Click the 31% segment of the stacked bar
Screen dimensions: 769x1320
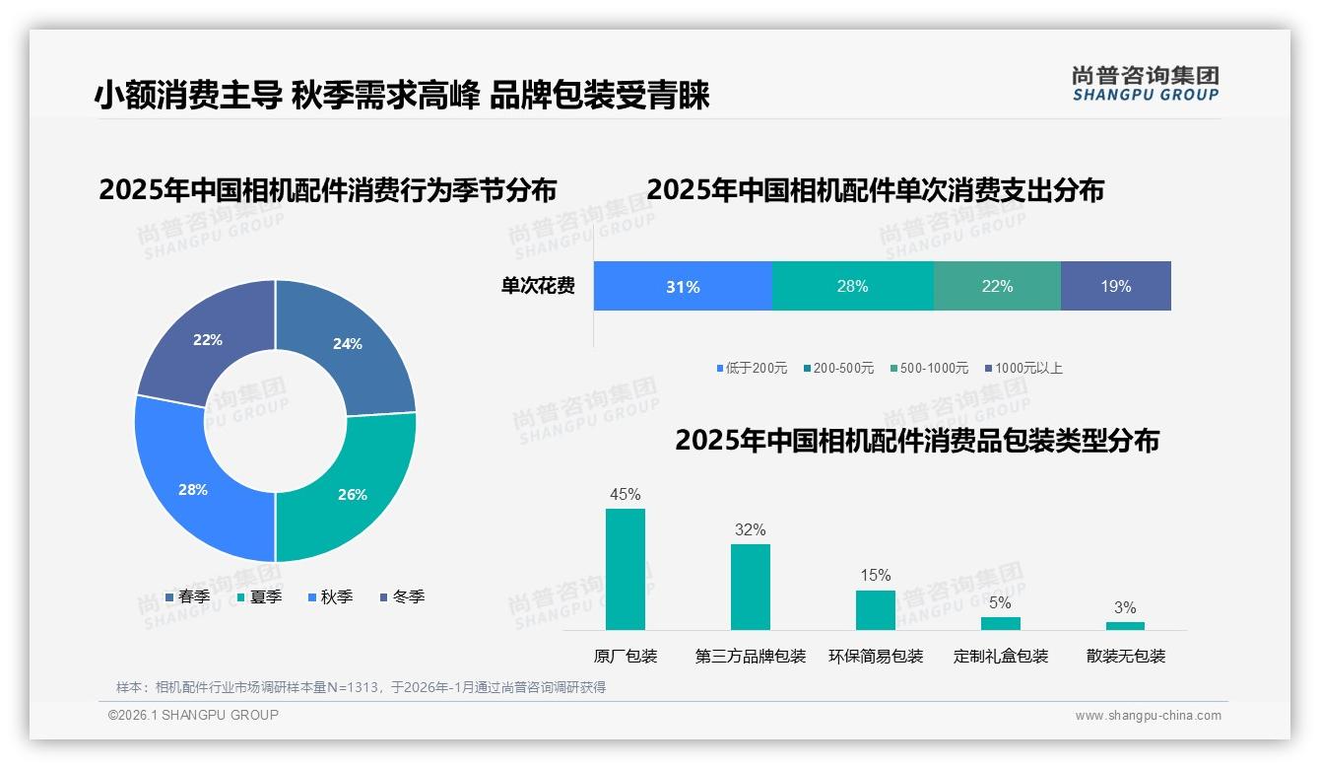click(x=683, y=287)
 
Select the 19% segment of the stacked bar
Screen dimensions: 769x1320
click(x=1115, y=287)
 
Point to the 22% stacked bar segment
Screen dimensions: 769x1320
click(x=997, y=287)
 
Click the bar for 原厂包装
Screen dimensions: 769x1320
click(x=626, y=569)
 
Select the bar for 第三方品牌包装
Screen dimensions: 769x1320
click(x=750, y=587)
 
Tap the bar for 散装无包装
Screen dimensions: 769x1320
click(x=1125, y=625)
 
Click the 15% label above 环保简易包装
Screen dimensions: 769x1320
click(x=875, y=575)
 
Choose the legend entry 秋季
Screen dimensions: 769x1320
click(x=330, y=596)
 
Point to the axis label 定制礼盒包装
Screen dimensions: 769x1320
click(x=1001, y=656)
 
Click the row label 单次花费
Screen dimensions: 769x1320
click(x=538, y=287)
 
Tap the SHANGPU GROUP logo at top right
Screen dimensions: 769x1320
click(x=1145, y=83)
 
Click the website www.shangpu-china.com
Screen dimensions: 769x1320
click(x=1148, y=715)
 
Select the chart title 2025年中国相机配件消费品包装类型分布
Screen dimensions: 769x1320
click(x=916, y=441)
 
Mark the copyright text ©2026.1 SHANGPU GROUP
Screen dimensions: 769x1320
click(x=193, y=715)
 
